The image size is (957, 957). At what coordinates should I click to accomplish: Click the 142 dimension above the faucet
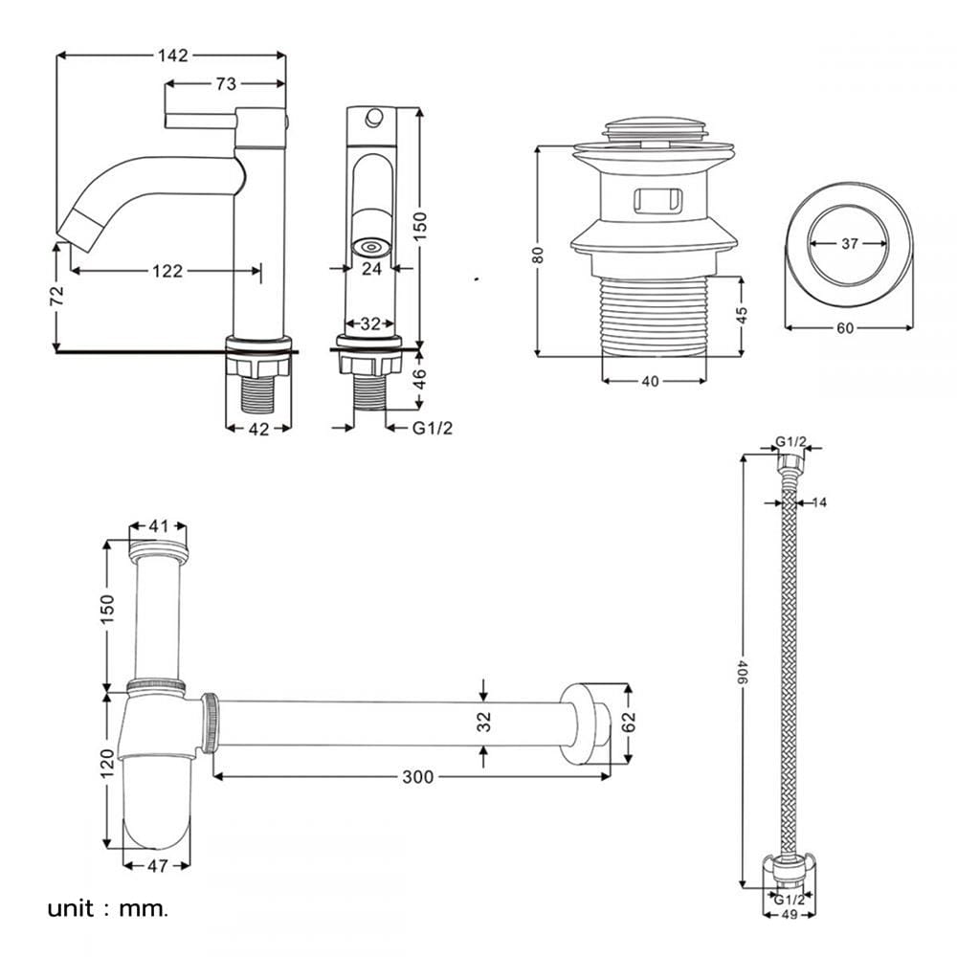pos(172,56)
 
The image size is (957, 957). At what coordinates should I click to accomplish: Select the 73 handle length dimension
pos(226,83)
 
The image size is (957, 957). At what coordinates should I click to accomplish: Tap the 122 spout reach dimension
pos(167,271)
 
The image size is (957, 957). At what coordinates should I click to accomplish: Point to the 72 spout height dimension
pos(56,296)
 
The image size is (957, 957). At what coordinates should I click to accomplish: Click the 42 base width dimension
pos(258,429)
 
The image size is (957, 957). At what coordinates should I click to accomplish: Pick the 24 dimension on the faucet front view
pos(371,268)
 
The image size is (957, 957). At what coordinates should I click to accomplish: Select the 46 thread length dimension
pos(420,379)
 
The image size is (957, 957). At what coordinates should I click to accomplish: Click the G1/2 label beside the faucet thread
pos(433,428)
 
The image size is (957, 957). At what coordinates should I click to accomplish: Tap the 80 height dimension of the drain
pos(538,255)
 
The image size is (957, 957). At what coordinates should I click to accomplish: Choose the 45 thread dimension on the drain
pos(741,315)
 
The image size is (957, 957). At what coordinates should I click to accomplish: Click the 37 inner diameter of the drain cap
pos(850,243)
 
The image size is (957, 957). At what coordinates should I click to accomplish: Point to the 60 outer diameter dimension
pos(845,328)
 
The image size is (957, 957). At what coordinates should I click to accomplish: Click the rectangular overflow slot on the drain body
pos(658,201)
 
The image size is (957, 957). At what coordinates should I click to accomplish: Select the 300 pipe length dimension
pos(418,777)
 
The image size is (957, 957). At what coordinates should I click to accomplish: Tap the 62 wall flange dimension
pos(629,722)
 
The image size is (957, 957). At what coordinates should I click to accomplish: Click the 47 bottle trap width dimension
pos(158,865)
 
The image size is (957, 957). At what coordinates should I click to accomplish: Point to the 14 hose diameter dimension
pos(820,502)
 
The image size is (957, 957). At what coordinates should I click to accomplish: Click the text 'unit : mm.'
pos(107,909)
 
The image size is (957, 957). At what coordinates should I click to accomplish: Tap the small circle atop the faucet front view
pos(374,117)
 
